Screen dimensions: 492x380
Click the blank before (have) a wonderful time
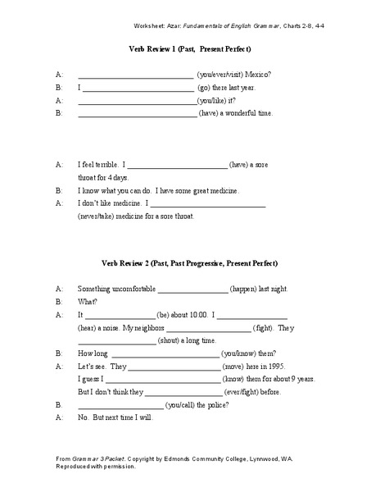coord(137,114)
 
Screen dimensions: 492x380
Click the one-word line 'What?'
coord(86,302)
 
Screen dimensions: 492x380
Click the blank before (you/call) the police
coord(120,405)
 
